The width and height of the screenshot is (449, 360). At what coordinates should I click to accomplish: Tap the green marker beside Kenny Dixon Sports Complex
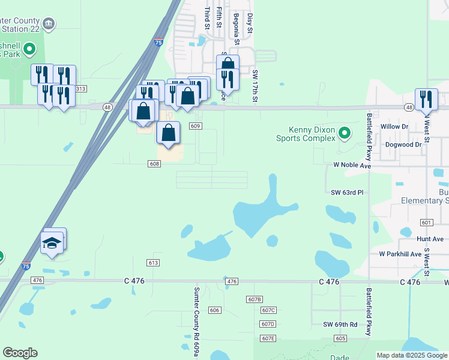[x=344, y=132]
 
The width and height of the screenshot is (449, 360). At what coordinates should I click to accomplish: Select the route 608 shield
[x=154, y=164]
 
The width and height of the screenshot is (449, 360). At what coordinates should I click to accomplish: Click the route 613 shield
[x=153, y=263]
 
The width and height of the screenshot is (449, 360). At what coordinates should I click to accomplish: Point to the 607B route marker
[x=255, y=299]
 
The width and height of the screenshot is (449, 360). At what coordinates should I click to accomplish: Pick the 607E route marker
[x=268, y=339]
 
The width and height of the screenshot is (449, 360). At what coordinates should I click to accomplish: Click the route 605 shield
[x=341, y=339]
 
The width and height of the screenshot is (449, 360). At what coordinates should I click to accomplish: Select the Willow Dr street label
[x=394, y=127]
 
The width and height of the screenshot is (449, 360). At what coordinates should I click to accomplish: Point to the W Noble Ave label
[x=352, y=165]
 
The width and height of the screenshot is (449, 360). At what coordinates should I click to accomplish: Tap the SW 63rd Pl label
[x=348, y=192]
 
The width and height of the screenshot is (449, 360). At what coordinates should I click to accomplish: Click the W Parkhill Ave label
[x=400, y=254]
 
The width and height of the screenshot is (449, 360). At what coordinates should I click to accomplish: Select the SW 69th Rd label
[x=340, y=324]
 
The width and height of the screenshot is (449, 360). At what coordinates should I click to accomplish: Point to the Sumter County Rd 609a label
[x=196, y=321]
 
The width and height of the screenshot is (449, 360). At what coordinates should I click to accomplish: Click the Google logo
[x=20, y=353]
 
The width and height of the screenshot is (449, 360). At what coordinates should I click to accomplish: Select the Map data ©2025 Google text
[x=411, y=355]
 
